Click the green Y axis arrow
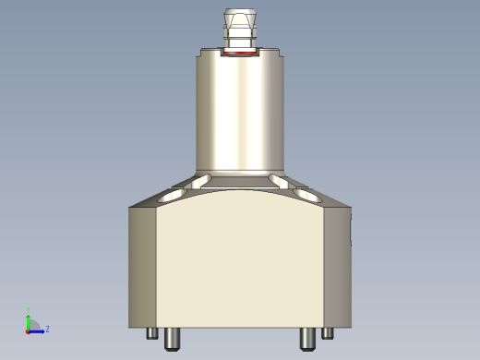click(x=28, y=319)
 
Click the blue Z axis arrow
click(x=38, y=330)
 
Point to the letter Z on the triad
click(x=47, y=329)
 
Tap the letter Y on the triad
click(x=28, y=310)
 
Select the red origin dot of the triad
click(x=28, y=330)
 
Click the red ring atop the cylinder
click(x=240, y=54)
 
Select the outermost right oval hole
click(x=307, y=196)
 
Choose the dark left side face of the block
click(x=141, y=268)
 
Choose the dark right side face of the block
click(x=337, y=268)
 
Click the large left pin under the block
click(x=172, y=339)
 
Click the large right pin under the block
click(x=307, y=339)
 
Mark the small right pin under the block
click(x=327, y=333)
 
